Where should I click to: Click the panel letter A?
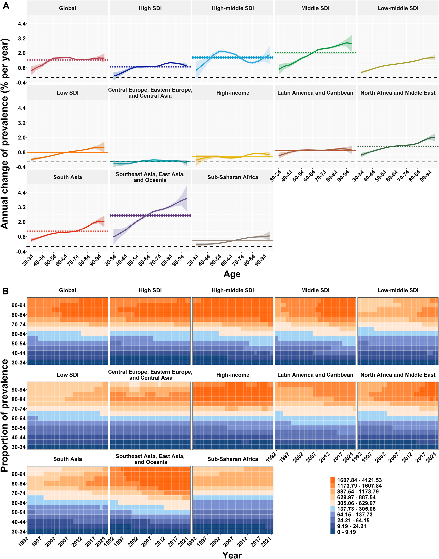coord(6,6)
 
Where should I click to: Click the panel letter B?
coord(5,291)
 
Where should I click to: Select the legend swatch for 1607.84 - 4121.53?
coord(333,480)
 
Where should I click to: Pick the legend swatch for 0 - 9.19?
coord(333,532)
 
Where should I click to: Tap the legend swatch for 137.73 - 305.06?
coord(333,509)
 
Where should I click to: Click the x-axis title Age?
coord(232,274)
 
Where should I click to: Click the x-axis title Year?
coord(232,555)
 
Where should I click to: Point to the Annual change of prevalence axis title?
coord(5,133)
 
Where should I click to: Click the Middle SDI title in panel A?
coord(315,8)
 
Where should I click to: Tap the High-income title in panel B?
coord(233,375)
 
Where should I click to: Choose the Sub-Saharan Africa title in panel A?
coord(233,177)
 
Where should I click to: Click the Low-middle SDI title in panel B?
coord(398,290)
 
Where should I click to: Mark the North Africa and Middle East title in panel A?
coord(398,93)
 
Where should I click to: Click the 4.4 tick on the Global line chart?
coord(21,24)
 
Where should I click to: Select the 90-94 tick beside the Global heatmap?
coord(18,305)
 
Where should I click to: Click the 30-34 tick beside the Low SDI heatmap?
coord(18,447)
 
